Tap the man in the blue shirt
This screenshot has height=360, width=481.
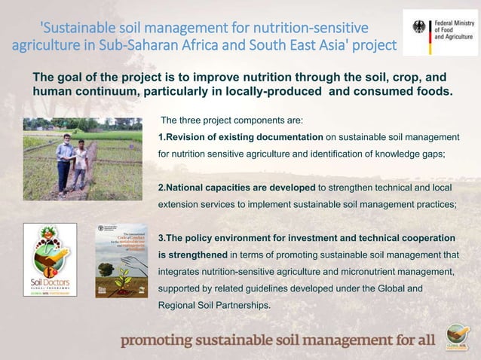point(63,155)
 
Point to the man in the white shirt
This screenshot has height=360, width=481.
point(79,161)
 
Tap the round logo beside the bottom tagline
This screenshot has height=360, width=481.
point(456,335)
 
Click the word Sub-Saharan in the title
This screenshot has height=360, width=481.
point(124,46)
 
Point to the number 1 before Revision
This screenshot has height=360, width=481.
point(161,136)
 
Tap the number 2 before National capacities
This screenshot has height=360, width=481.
point(161,187)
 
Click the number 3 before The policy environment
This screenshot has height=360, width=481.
point(161,238)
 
